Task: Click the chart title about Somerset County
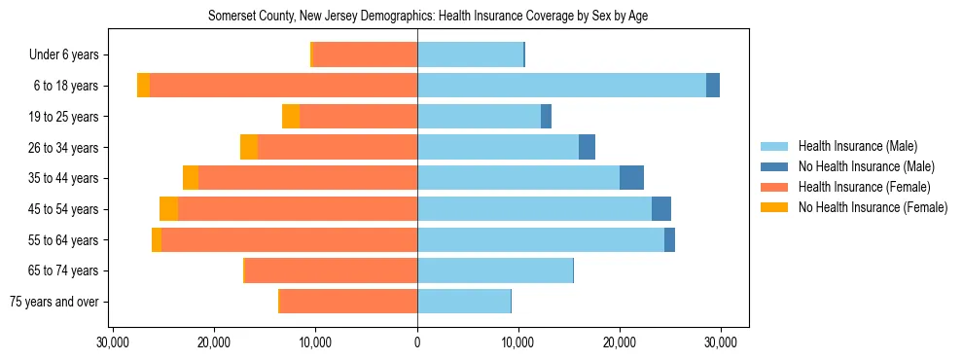coord(428,16)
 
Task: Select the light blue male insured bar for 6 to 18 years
coord(561,86)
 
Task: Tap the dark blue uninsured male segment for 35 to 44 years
coord(631,178)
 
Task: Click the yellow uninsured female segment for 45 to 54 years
coord(168,209)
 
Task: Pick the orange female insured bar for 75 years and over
coord(348,302)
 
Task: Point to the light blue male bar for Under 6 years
coord(470,54)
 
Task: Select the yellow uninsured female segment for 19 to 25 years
coord(291,117)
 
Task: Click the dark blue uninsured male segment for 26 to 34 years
coord(587,147)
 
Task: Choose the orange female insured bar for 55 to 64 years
coord(289,240)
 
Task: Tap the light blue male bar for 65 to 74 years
coord(495,270)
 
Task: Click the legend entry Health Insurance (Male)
coord(857,146)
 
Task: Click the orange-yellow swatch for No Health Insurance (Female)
coord(774,207)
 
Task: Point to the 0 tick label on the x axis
coord(417,342)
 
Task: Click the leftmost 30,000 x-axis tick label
coord(114,342)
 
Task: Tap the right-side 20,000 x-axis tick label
coord(620,342)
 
